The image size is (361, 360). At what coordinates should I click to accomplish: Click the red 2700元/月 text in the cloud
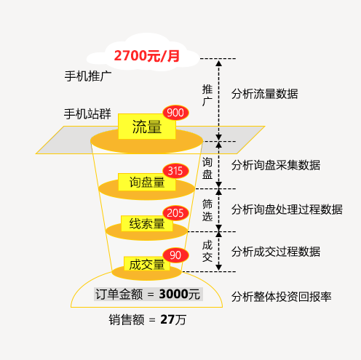tap(147, 56)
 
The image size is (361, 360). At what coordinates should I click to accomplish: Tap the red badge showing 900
tap(175, 113)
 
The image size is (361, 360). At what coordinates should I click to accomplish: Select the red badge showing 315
tap(175, 171)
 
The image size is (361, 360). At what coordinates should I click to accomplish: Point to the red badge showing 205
tap(175, 213)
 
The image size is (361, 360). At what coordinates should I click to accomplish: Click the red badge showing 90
tap(175, 255)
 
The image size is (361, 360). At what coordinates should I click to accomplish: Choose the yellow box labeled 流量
tap(147, 127)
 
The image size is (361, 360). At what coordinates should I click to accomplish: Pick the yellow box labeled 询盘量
tap(147, 182)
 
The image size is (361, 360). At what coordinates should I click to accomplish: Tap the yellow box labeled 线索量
tap(147, 223)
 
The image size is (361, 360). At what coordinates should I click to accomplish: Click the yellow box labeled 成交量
tap(147, 264)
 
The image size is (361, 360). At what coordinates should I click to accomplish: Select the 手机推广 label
tap(88, 76)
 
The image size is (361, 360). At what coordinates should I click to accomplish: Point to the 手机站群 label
tap(87, 113)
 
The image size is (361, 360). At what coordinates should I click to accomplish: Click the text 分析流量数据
tap(264, 94)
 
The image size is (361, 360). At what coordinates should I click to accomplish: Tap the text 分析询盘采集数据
tap(276, 165)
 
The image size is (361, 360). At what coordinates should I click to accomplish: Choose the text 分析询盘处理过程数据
tap(287, 209)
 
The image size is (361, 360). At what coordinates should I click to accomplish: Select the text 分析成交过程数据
tap(276, 252)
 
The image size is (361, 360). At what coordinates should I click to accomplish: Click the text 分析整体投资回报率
tap(281, 297)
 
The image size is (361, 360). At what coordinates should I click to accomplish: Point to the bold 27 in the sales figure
tap(167, 319)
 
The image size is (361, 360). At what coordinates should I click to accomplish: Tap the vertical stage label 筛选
tap(207, 210)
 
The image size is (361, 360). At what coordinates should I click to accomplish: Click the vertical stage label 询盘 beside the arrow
tap(207, 168)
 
